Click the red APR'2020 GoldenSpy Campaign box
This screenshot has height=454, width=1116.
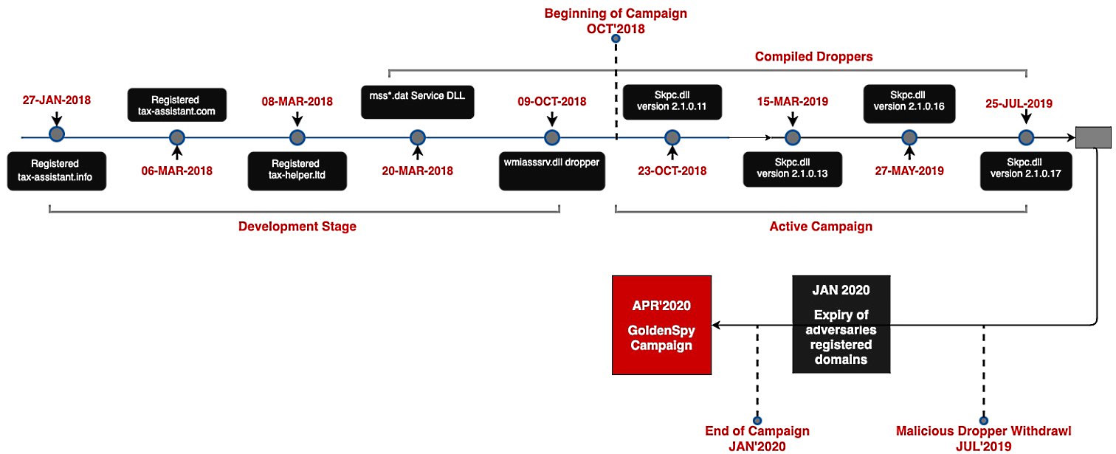661,325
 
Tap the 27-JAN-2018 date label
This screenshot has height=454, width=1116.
57,100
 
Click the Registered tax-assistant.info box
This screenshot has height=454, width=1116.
55,171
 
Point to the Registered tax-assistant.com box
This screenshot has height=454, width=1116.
176,106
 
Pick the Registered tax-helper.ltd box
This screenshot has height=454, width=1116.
297,171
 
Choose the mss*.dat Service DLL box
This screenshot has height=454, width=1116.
417,100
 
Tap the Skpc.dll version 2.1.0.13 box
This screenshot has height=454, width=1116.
793,171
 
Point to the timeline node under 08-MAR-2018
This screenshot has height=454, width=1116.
297,137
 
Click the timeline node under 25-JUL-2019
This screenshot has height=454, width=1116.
1026,137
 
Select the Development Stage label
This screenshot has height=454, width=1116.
297,227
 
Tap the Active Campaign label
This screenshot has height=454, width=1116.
821,227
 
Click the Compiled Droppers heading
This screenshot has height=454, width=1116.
813,56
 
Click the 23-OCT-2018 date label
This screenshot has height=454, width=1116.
672,171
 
